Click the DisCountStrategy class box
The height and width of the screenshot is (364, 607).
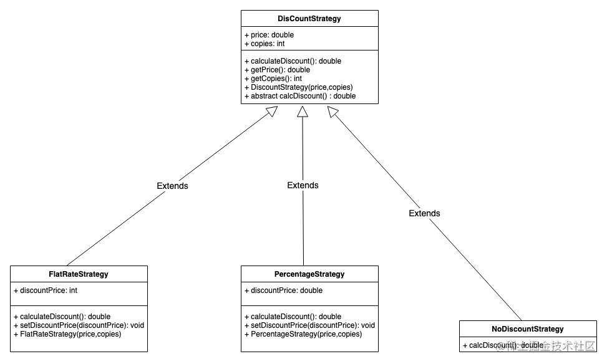[309, 19]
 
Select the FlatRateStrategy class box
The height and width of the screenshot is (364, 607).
[79, 274]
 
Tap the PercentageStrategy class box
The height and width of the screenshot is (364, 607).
[309, 274]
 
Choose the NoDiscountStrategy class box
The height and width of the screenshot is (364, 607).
[528, 329]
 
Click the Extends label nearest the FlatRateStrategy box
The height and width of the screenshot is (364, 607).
[172, 186]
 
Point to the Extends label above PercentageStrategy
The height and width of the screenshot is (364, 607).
[303, 185]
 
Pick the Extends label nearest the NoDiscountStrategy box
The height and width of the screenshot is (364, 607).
[424, 213]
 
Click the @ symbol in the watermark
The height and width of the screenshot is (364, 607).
[499, 345]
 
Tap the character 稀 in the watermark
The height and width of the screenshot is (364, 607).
[511, 345]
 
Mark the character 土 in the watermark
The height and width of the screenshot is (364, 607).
[523, 345]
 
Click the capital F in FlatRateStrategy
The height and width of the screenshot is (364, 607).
[51, 274]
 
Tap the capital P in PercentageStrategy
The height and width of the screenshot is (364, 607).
[277, 274]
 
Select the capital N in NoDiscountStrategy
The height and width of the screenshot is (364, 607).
[495, 329]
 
